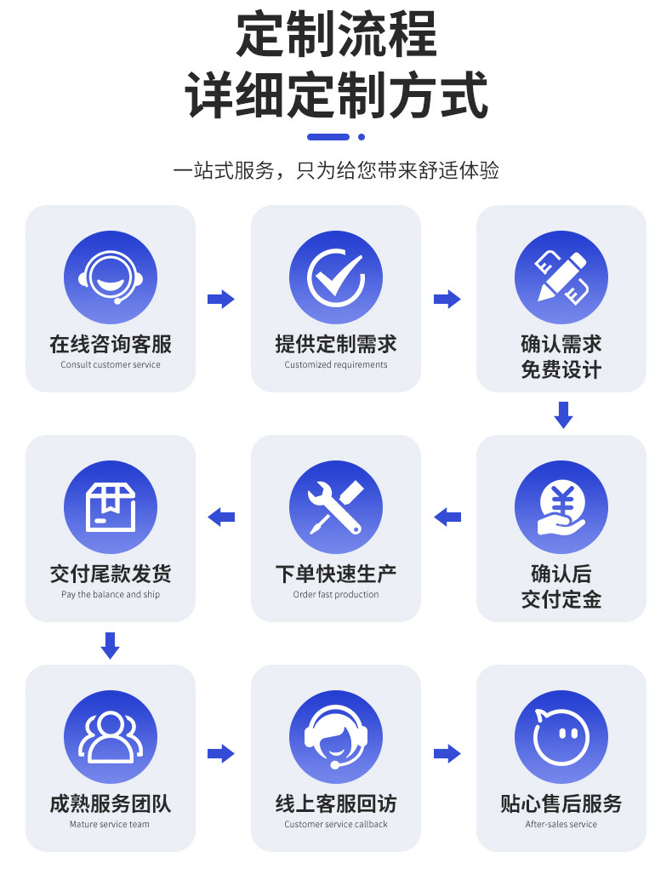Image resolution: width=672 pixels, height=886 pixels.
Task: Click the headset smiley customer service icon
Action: (111, 277)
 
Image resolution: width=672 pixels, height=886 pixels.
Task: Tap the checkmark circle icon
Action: (336, 277)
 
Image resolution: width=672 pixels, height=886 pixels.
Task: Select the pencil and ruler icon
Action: (561, 277)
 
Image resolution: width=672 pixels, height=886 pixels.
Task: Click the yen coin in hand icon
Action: (561, 507)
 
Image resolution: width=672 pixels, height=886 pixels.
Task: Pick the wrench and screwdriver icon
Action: (336, 507)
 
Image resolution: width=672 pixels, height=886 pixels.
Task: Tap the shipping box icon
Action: (111, 507)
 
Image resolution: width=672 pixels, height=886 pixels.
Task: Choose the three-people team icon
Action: (111, 737)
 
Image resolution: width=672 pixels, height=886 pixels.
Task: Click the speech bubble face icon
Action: (561, 737)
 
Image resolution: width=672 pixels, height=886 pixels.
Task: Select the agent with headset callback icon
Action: (336, 737)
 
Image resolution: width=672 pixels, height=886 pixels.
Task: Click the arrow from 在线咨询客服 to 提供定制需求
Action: (221, 299)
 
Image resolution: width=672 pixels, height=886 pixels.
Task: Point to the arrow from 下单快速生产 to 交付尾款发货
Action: (221, 517)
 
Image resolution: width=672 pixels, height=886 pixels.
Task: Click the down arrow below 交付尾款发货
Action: (110, 645)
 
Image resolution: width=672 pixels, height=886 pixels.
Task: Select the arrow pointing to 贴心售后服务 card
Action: (447, 753)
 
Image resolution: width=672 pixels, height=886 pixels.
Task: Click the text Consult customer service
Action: (111, 365)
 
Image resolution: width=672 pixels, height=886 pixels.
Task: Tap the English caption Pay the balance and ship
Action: (111, 595)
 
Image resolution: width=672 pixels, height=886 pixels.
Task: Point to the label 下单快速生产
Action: (336, 574)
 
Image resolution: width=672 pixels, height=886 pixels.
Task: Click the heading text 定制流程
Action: (336, 36)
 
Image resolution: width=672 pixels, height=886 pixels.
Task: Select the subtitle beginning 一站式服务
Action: (336, 170)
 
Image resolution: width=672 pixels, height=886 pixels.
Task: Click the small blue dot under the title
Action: (362, 136)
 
